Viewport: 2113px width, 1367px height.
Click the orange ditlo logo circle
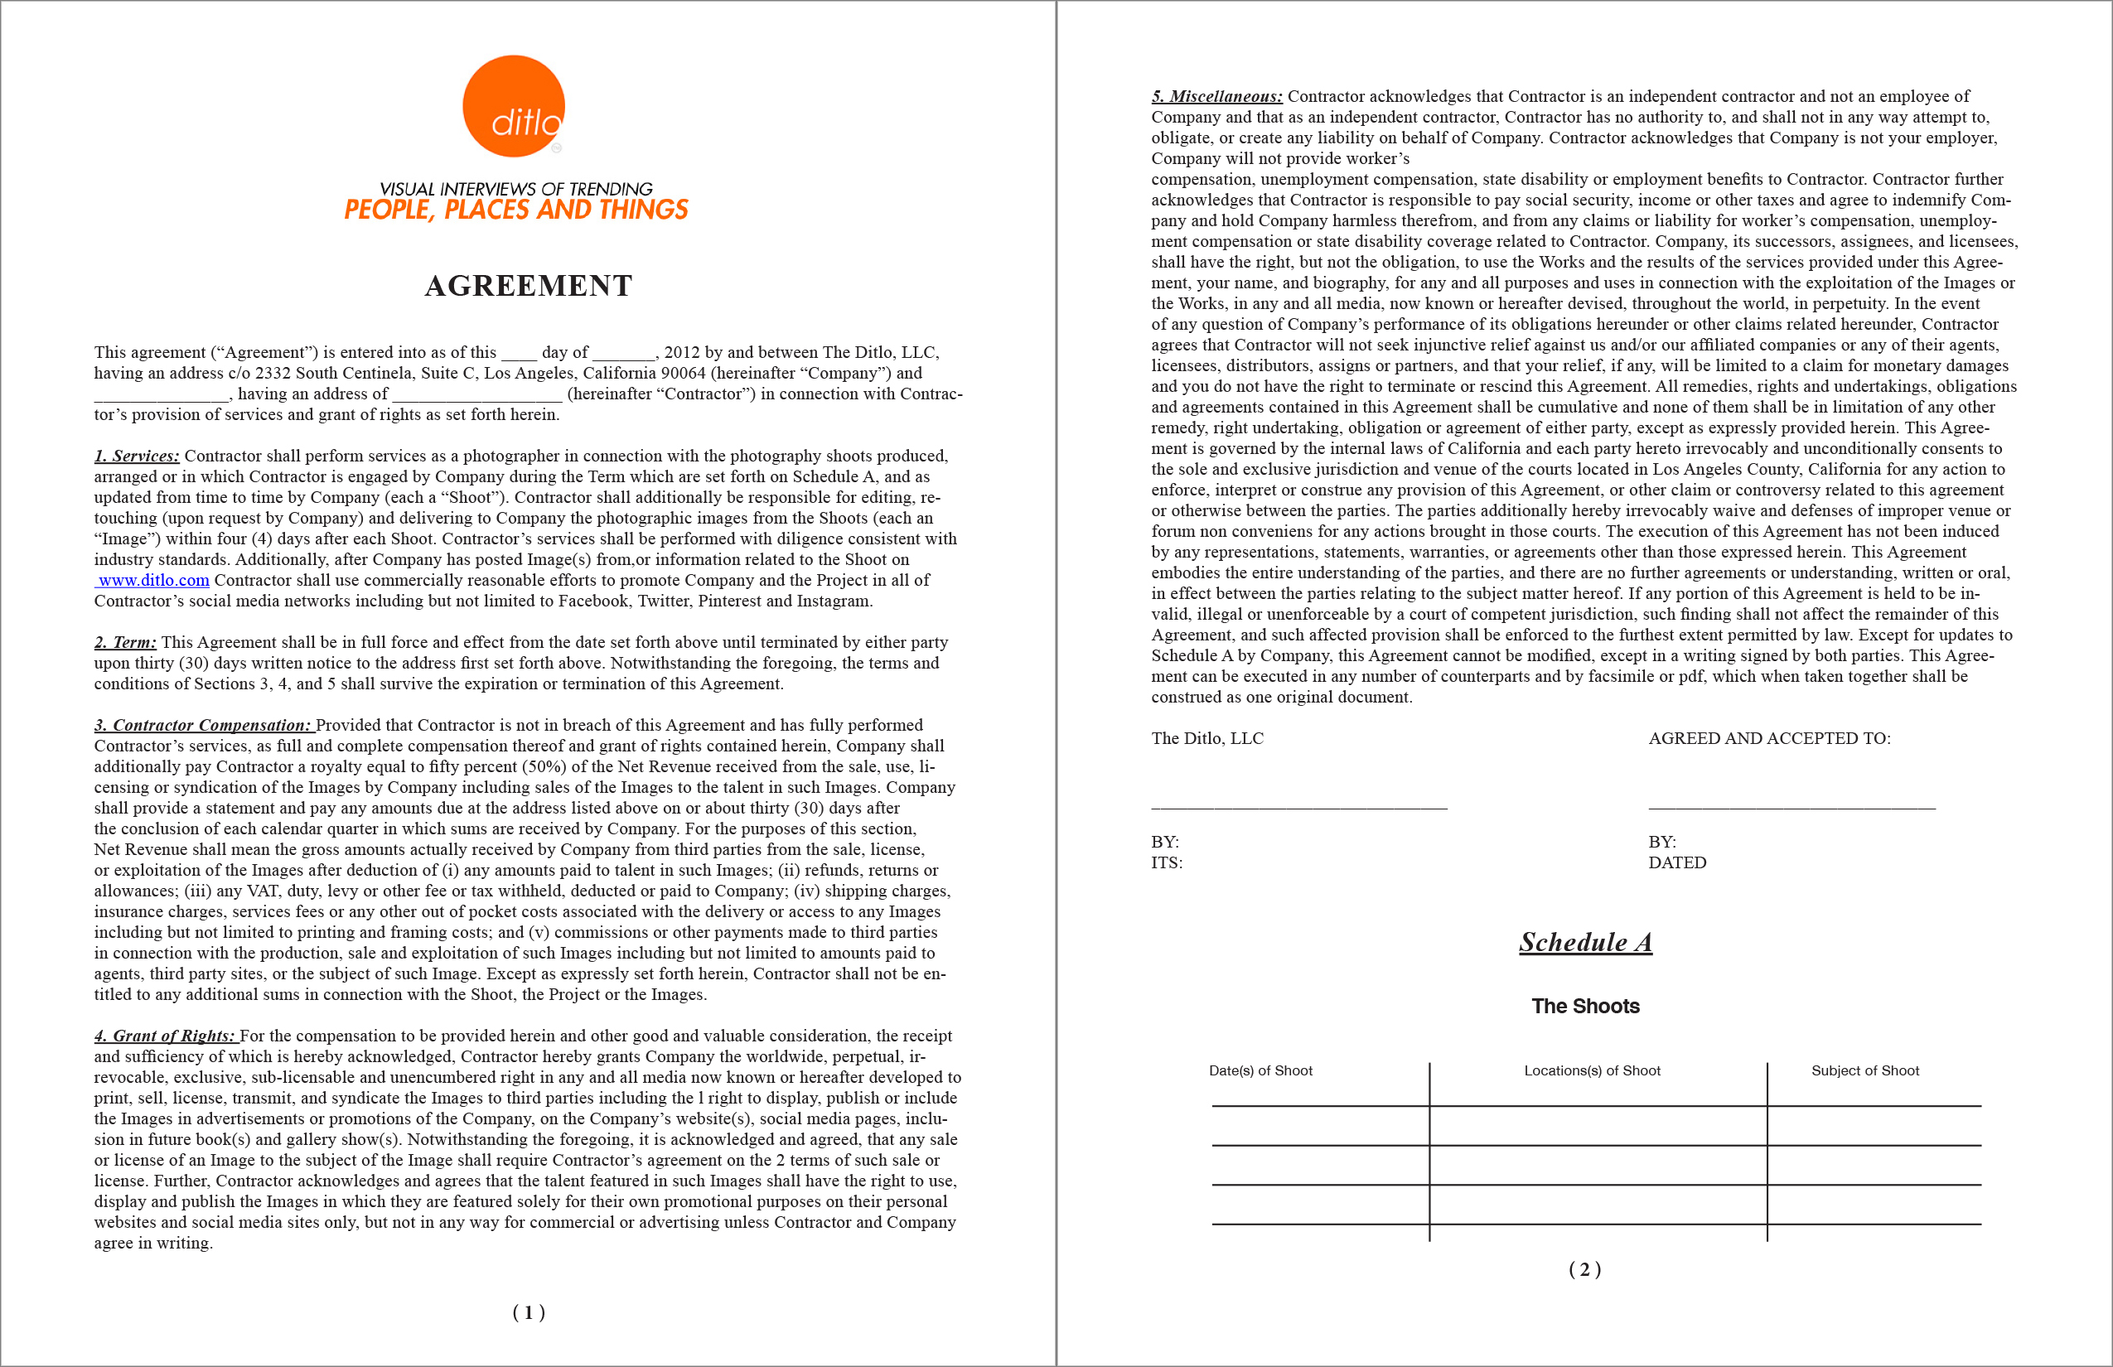[513, 107]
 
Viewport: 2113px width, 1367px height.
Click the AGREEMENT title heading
[529, 286]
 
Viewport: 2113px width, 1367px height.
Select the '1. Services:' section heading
[137, 456]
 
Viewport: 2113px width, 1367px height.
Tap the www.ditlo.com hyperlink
[153, 581]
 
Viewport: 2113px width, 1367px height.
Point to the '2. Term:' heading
[125, 643]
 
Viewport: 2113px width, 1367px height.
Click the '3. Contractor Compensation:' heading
[203, 725]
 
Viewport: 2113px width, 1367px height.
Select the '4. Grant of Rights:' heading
[165, 1036]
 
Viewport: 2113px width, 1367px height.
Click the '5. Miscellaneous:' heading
[1216, 97]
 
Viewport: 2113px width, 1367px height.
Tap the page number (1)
[529, 1312]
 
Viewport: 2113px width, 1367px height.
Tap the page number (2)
[1584, 1269]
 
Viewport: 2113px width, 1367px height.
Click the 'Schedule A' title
[1586, 942]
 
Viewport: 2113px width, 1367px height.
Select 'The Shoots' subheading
[1586, 1006]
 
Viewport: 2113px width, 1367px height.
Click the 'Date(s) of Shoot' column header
[1260, 1071]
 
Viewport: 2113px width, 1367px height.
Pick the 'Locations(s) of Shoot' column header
[1592, 1071]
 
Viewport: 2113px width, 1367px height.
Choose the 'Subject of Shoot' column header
[1864, 1071]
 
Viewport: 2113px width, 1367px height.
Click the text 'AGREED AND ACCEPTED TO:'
[1769, 738]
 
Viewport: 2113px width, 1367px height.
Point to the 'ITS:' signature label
[1167, 862]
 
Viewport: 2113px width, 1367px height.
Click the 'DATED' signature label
[1677, 862]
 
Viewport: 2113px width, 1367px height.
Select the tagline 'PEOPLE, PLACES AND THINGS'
[515, 210]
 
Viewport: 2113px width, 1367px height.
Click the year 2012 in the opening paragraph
[682, 352]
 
